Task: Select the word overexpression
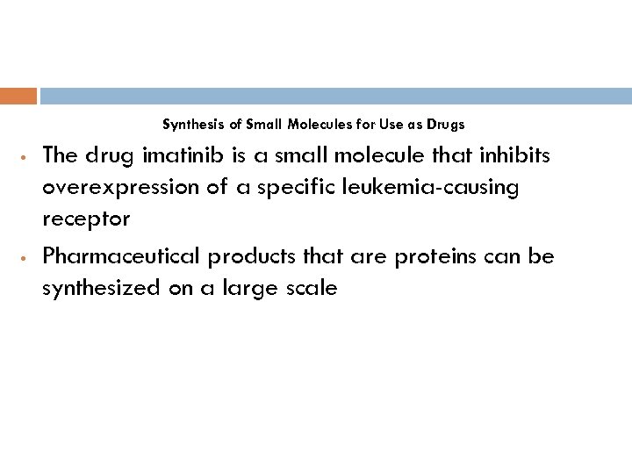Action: coord(112,187)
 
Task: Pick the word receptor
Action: coord(86,219)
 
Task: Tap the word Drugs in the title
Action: coord(446,125)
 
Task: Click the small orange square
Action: coord(18,96)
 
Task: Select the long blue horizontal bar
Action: coord(335,96)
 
